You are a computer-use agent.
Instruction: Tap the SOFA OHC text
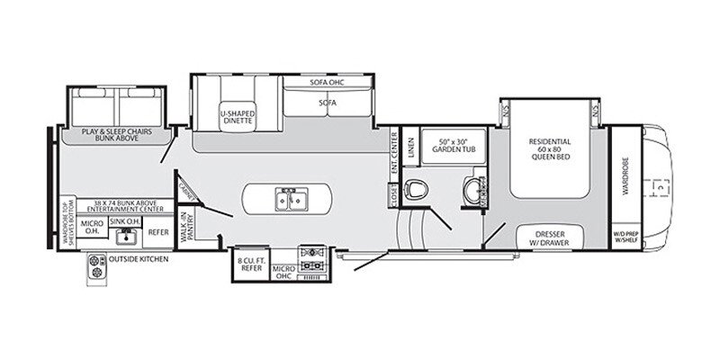pyautogui.click(x=328, y=83)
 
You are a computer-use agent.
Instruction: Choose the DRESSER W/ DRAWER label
pyautogui.click(x=550, y=238)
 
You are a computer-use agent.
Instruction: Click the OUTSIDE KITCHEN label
pyautogui.click(x=139, y=259)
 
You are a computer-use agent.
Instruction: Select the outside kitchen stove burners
pyautogui.click(x=95, y=265)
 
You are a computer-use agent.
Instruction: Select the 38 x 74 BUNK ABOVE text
pyautogui.click(x=115, y=204)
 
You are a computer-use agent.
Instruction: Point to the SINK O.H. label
pyautogui.click(x=123, y=220)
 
